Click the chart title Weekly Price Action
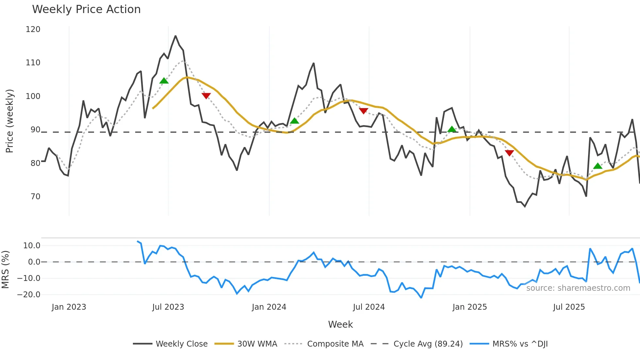pos(86,9)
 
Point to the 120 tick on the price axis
pos(33,29)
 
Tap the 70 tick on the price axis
pos(35,197)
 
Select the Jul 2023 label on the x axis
pos(168,307)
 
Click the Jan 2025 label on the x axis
pos(470,307)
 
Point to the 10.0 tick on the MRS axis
pos(32,246)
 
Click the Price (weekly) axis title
pos(9,121)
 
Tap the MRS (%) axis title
pos(5,270)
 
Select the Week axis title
pos(340,324)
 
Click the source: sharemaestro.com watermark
pos(578,288)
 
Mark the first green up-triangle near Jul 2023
pos(164,81)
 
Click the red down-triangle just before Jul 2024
pos(363,111)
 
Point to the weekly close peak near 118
pos(175,36)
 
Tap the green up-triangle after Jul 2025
pos(598,166)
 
